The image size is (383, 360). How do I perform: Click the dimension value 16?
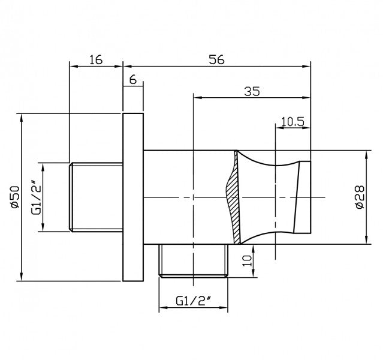click(x=95, y=59)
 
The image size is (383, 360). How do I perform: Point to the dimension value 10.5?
click(x=292, y=122)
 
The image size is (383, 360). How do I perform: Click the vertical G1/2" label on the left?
click(x=35, y=196)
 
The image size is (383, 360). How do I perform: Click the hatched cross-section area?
click(x=231, y=198)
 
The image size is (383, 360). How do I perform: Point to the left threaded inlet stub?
click(x=96, y=197)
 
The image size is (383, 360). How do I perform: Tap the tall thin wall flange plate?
click(x=132, y=197)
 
